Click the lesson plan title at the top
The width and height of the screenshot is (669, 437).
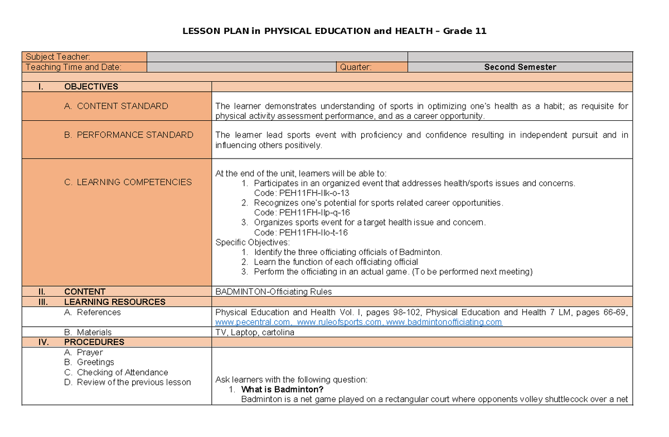tap(334, 31)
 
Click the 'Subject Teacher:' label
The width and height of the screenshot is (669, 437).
tap(58, 57)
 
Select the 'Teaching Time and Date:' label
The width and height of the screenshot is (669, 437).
tap(73, 67)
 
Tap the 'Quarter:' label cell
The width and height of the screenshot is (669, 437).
tap(356, 67)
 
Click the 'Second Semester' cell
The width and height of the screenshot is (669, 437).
tap(520, 67)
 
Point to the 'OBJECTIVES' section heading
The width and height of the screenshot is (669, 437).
tap(91, 86)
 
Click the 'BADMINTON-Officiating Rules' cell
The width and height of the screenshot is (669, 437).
tap(273, 292)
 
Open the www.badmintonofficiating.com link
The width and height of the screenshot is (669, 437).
tap(444, 322)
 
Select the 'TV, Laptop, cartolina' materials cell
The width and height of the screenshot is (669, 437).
tap(255, 332)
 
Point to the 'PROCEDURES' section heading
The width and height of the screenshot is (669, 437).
tap(94, 342)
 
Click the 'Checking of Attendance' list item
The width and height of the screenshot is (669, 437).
tap(122, 372)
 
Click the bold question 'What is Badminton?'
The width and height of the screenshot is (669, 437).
tap(282, 389)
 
